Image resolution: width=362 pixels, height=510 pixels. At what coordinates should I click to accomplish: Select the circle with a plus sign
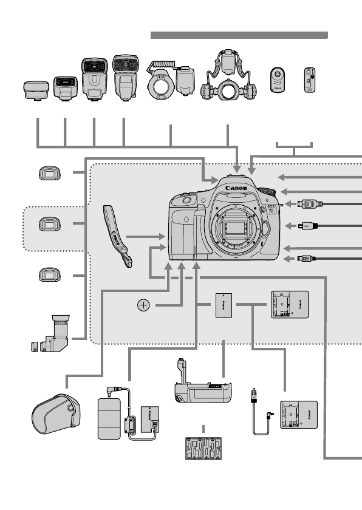[143, 305]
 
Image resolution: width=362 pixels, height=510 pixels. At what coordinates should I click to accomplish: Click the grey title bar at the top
[239, 35]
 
